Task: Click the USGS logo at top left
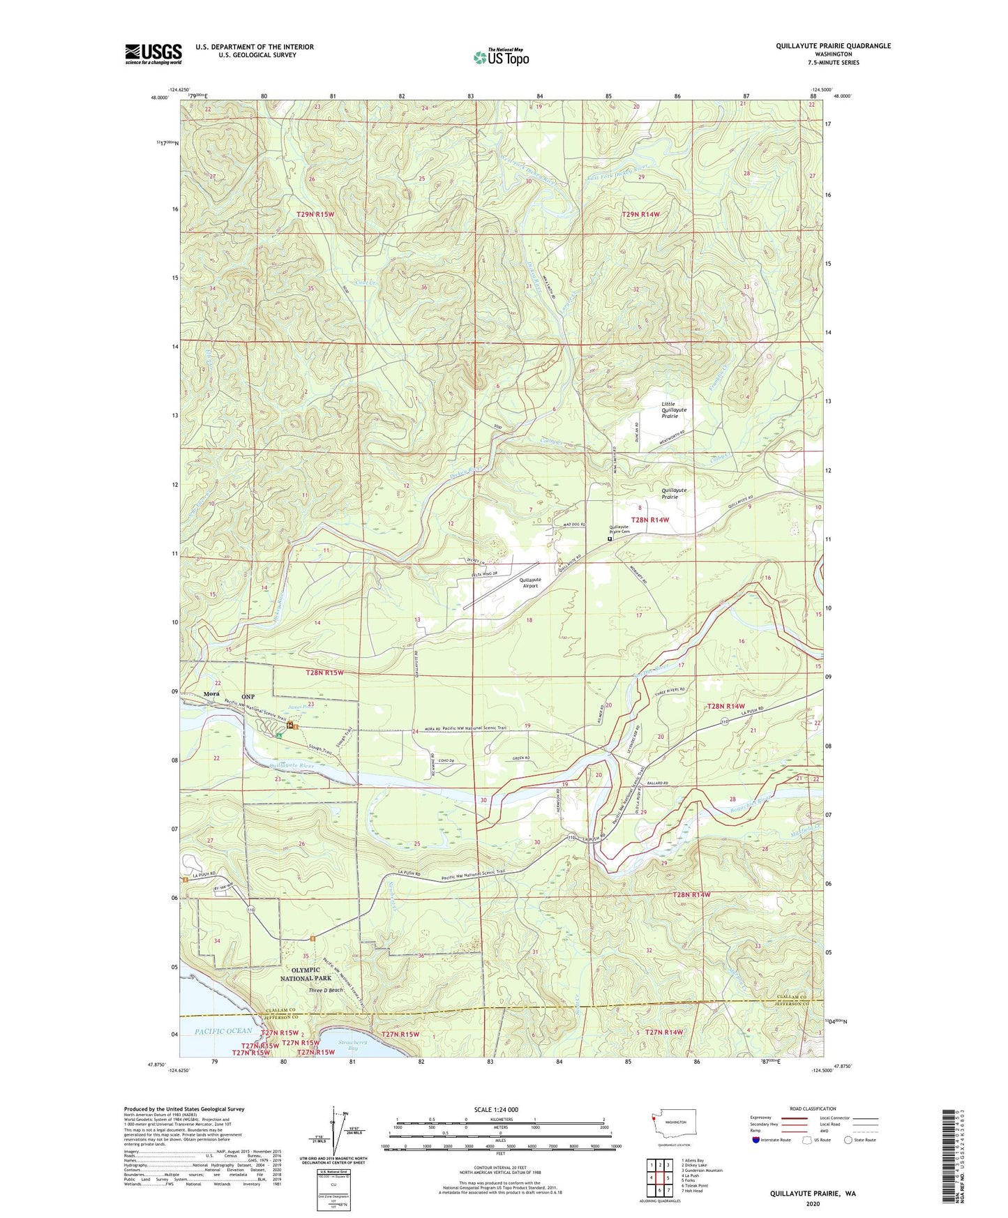coord(153,54)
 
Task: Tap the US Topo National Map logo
coord(501,57)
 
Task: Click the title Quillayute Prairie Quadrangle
coord(833,46)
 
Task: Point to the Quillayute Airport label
coord(530,582)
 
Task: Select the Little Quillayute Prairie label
coord(674,410)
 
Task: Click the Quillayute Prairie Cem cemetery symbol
coord(610,539)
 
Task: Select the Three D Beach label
coord(326,991)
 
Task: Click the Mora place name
coord(211,694)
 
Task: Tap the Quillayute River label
coord(292,765)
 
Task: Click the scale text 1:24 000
coord(500,1110)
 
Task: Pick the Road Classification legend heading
coord(813,1108)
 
